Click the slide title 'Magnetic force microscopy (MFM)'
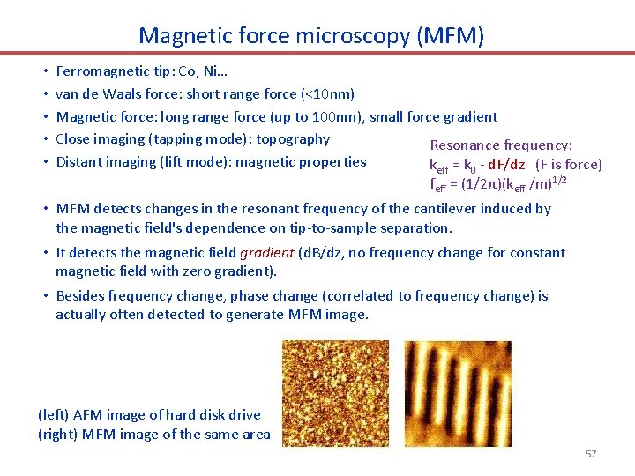pos(311,35)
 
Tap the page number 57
pos(591,454)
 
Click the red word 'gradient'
pos(269,253)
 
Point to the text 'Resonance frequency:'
pos(501,145)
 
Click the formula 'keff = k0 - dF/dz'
pos(477,165)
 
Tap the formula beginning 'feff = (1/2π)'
pos(497,184)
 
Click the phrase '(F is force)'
pos(569,165)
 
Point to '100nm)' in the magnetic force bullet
pos(344,116)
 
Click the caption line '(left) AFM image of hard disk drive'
pos(149,414)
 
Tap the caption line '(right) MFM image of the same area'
pos(154,434)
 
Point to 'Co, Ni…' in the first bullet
pos(179,71)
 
